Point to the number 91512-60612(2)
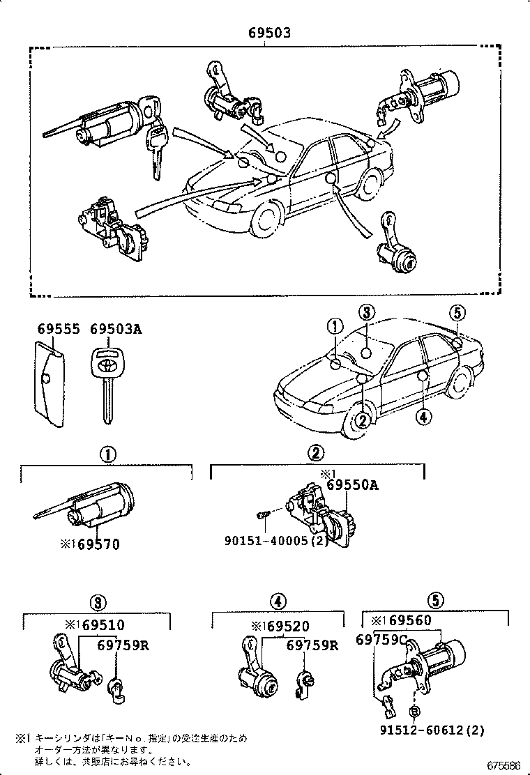point(432,730)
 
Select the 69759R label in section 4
point(312,645)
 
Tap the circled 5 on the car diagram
point(457,313)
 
